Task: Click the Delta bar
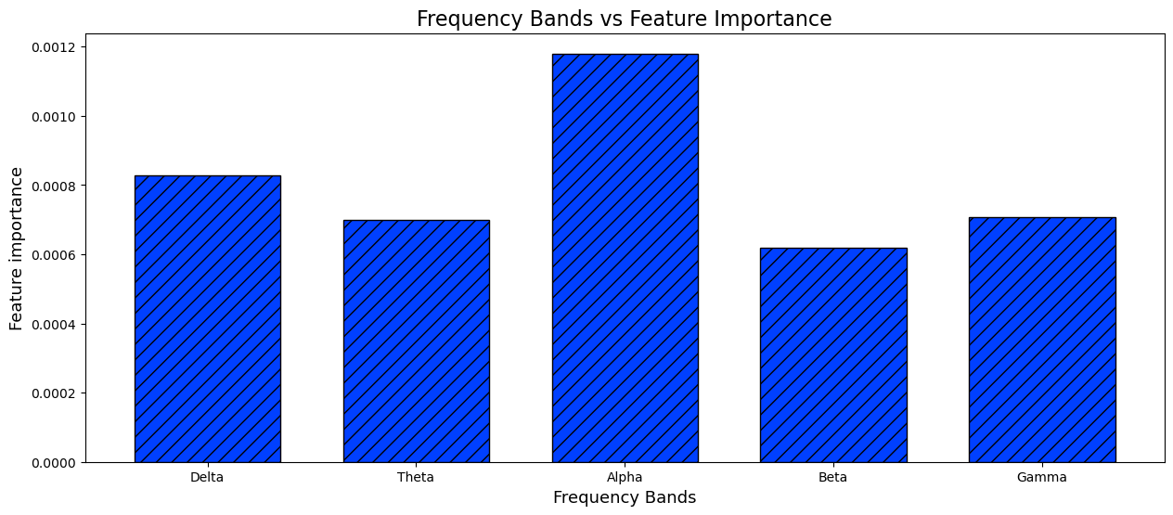208,318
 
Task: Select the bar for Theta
417,341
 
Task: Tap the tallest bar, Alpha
625,258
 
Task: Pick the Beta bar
833,355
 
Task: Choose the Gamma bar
1042,340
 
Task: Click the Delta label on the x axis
207,477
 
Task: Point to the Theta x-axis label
415,477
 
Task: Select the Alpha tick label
625,477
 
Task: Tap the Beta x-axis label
832,477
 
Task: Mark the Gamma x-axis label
1041,477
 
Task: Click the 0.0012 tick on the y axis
54,47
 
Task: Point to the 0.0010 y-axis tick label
54,117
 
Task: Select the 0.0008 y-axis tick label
54,187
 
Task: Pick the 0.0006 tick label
54,255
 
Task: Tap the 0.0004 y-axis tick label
54,325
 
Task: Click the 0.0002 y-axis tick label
54,393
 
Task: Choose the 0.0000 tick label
54,463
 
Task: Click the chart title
625,19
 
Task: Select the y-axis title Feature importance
16,249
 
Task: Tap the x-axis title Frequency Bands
625,497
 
